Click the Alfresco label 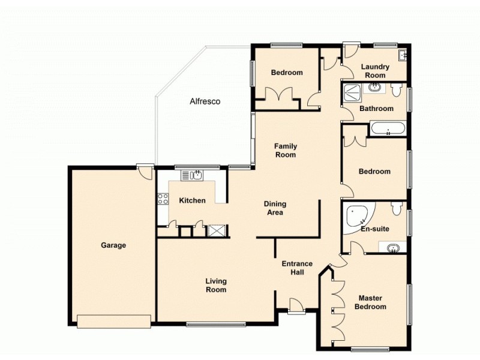pyautogui.click(x=205, y=101)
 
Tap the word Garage pyautogui.click(x=113, y=245)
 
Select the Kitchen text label pyautogui.click(x=192, y=200)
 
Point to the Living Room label pyautogui.click(x=216, y=285)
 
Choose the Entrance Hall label pyautogui.click(x=297, y=268)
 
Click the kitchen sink pyautogui.click(x=193, y=175)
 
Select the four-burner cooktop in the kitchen pyautogui.click(x=163, y=200)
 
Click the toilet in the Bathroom pyautogui.click(x=395, y=91)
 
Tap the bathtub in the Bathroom pyautogui.click(x=388, y=128)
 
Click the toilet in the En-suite pyautogui.click(x=397, y=208)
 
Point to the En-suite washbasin pyautogui.click(x=394, y=247)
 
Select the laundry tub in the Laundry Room pyautogui.click(x=404, y=56)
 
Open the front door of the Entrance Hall pyautogui.click(x=295, y=306)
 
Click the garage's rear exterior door pyautogui.click(x=142, y=172)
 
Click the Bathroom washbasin pyautogui.click(x=376, y=89)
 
